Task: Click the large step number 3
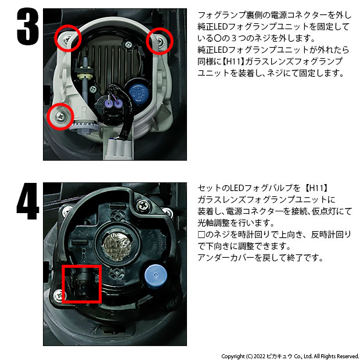[28, 27]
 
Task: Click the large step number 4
[28, 201]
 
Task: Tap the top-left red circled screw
[68, 38]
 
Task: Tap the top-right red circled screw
[160, 41]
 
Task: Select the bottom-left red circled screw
[60, 116]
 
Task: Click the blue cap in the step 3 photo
[138, 93]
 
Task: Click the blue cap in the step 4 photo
[156, 276]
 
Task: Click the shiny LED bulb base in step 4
[117, 246]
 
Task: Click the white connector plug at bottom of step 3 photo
[119, 149]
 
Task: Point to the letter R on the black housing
[84, 254]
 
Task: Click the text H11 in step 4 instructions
[317, 188]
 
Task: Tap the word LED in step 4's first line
[236, 188]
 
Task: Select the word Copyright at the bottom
[233, 357]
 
